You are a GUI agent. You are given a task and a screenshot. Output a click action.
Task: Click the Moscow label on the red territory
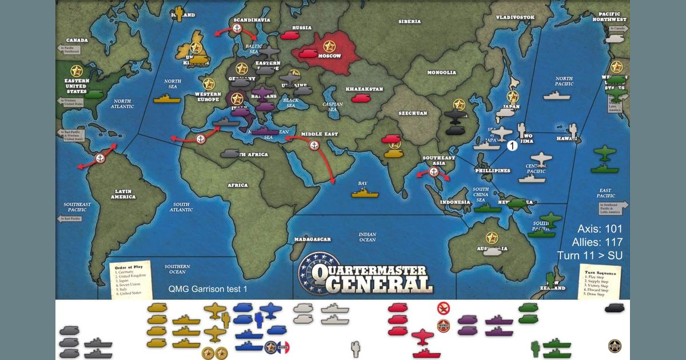tap(329, 56)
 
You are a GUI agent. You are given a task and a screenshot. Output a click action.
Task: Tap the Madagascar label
tap(314, 239)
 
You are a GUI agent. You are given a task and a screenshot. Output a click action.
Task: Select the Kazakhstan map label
tap(364, 90)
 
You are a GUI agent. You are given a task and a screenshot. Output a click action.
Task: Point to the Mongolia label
tap(441, 73)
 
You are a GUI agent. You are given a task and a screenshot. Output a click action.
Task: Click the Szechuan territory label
tap(413, 113)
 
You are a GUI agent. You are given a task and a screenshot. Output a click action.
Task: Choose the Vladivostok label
tap(514, 18)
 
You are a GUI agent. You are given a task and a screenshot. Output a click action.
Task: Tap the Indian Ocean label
tap(367, 237)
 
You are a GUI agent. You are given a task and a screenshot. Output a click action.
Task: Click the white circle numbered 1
tap(512, 146)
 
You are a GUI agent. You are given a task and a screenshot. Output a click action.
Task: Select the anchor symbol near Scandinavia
tap(238, 28)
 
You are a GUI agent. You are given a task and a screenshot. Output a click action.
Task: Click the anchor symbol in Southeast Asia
tap(433, 171)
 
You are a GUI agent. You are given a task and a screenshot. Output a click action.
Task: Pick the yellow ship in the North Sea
tap(166, 99)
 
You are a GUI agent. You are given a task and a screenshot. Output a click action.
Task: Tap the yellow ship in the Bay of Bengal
tap(365, 193)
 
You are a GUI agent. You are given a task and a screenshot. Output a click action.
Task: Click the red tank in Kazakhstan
tap(360, 98)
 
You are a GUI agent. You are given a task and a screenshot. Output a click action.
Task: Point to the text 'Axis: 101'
tap(600, 229)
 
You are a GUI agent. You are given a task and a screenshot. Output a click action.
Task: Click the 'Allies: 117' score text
tap(597, 242)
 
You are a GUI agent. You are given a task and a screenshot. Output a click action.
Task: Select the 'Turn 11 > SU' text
tap(590, 255)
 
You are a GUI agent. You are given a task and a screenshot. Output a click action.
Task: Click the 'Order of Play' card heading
tap(128, 267)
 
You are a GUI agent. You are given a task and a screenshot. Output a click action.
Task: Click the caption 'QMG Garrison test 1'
tap(208, 289)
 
